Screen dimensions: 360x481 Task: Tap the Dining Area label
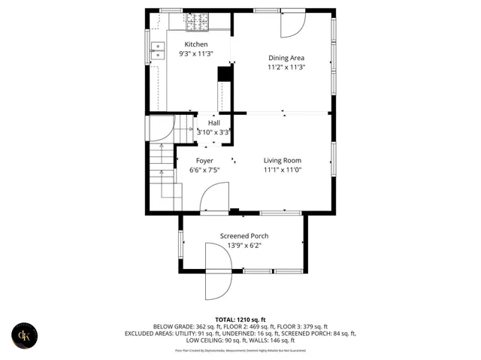tap(286, 58)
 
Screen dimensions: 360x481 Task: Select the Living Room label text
tap(282, 160)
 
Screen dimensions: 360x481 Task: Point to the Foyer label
tap(204, 161)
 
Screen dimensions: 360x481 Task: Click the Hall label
tap(214, 123)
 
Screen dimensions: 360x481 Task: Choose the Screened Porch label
tap(244, 236)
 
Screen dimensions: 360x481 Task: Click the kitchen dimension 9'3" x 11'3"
tap(196, 54)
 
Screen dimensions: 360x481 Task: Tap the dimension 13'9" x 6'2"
tap(244, 246)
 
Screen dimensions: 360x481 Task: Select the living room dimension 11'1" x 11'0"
tap(282, 170)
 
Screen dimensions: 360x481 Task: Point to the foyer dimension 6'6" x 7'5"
tap(204, 171)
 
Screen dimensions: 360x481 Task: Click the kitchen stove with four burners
tap(197, 25)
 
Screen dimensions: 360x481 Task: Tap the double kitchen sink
tap(158, 51)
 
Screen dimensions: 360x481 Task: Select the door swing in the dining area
tap(292, 25)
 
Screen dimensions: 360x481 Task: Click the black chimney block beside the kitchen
tap(223, 74)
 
